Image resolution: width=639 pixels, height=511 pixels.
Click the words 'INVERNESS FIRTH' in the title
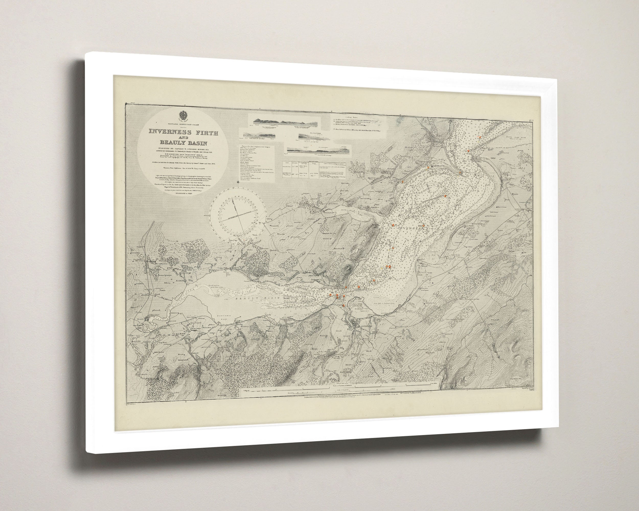(184, 133)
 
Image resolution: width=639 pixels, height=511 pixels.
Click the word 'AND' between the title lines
(183, 138)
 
